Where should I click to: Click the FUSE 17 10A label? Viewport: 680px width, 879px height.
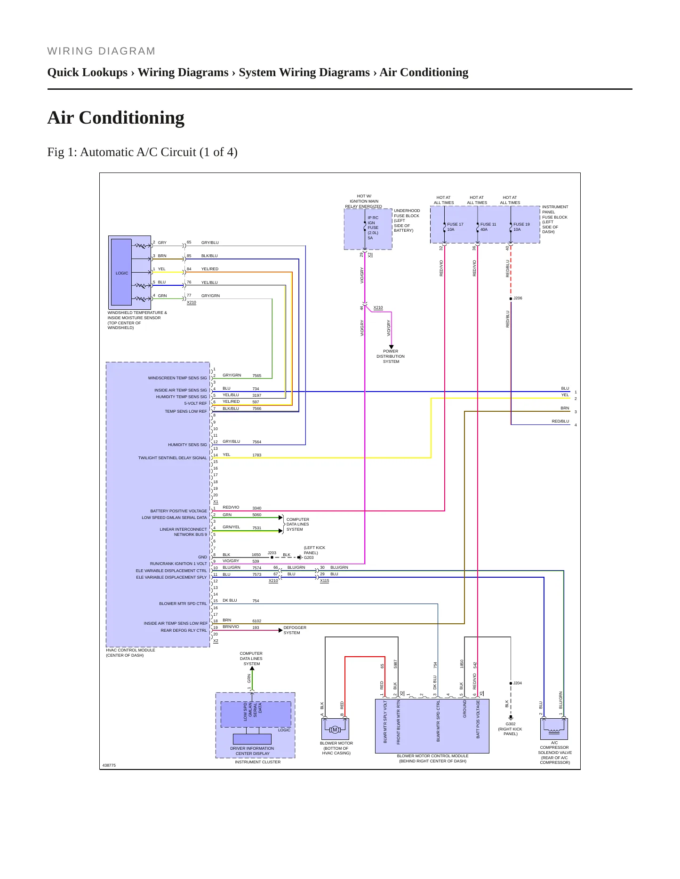[455, 227]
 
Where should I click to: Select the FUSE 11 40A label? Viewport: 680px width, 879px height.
[488, 227]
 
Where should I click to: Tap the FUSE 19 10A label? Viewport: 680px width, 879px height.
[521, 227]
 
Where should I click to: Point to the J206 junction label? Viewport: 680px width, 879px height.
[518, 298]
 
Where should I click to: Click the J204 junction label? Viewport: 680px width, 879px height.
[517, 683]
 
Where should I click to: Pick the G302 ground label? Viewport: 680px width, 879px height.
[511, 724]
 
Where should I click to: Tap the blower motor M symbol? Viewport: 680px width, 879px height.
[335, 730]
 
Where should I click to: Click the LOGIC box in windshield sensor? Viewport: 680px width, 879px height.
[121, 273]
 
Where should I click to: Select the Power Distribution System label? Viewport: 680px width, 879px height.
[391, 356]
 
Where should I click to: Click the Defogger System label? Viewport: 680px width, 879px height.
[295, 630]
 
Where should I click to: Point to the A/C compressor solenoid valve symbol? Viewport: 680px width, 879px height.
[554, 729]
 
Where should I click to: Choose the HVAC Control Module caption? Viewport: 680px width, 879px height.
[130, 652]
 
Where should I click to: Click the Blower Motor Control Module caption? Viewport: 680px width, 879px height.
[432, 758]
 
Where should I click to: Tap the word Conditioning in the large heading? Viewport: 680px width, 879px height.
[132, 118]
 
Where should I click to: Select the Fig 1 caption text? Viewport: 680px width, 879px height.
[142, 152]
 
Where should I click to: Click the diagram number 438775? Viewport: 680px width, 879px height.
[109, 765]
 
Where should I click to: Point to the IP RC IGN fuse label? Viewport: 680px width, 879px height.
[373, 228]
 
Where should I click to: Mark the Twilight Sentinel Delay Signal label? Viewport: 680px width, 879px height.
[172, 458]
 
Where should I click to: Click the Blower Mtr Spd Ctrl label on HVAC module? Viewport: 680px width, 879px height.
[183, 604]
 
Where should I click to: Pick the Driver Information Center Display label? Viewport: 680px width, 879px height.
[252, 751]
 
